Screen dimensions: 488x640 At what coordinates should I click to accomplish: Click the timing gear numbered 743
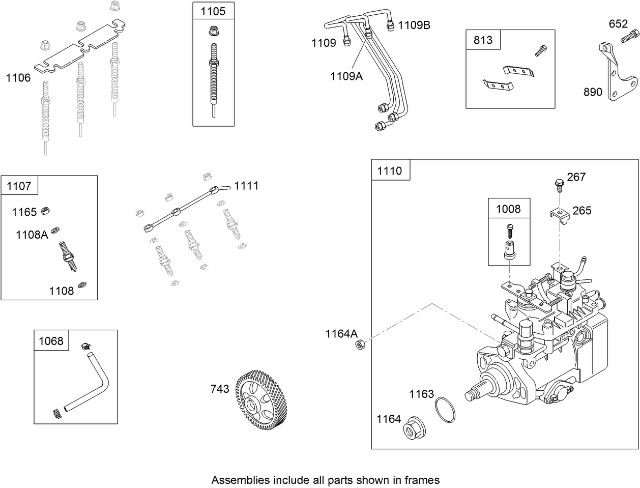click(260, 401)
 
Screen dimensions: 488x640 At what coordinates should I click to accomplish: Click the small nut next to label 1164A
click(359, 345)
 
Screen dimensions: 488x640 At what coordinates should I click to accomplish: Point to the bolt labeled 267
click(559, 183)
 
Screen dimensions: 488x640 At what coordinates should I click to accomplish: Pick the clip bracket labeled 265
click(559, 214)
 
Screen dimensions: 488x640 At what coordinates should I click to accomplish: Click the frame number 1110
click(390, 171)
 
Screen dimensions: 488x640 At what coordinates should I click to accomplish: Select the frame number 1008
click(508, 209)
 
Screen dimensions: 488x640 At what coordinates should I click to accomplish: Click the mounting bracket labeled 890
click(617, 76)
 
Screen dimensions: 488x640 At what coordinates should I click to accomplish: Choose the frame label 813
click(483, 40)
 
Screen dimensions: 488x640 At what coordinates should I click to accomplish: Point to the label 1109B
click(414, 25)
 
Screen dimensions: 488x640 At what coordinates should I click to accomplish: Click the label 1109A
click(346, 76)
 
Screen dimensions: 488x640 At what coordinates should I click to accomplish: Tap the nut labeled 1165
click(45, 210)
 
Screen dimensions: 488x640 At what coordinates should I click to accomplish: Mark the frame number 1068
click(51, 341)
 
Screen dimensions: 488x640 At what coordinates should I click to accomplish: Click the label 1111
click(246, 186)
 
